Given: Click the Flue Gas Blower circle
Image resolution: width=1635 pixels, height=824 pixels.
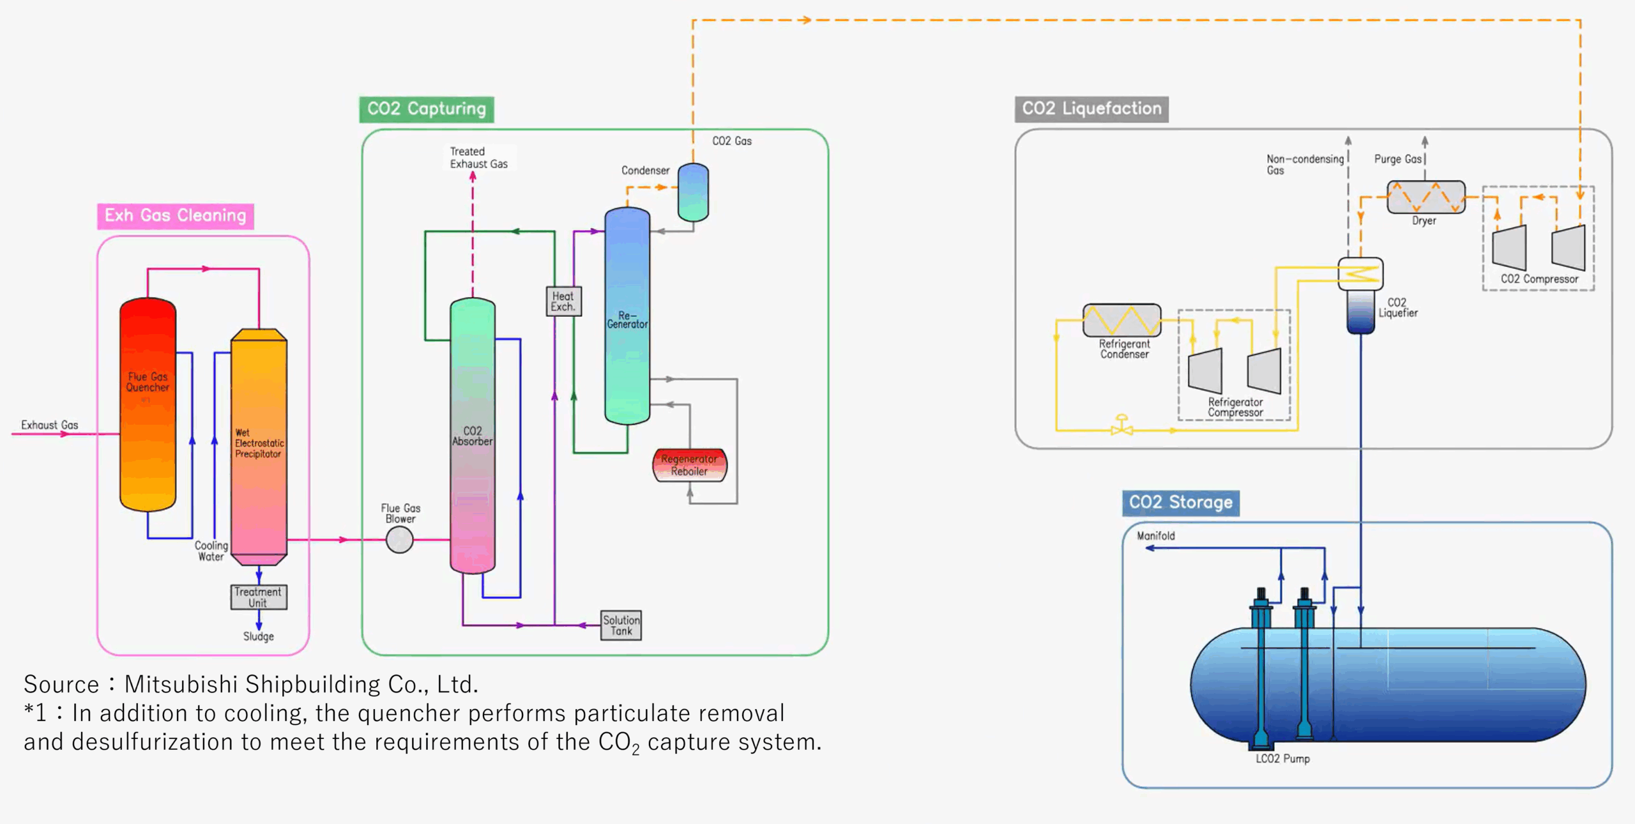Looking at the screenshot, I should pyautogui.click(x=400, y=540).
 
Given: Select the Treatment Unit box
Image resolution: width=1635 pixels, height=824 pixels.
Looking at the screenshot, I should pyautogui.click(x=259, y=597).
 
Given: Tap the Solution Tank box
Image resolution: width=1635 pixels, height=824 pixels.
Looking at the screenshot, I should pyautogui.click(x=621, y=625).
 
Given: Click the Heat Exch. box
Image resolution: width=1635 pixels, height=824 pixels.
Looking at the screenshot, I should pyautogui.click(x=563, y=301).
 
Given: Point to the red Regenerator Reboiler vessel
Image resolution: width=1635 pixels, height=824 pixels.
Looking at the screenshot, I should pyautogui.click(x=689, y=466).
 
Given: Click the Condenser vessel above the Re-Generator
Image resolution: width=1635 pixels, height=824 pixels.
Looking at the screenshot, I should pyautogui.click(x=693, y=192).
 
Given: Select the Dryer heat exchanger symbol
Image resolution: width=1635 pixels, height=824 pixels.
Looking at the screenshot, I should pyautogui.click(x=1426, y=197).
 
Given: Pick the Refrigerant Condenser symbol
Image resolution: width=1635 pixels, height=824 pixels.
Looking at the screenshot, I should pyautogui.click(x=1122, y=320).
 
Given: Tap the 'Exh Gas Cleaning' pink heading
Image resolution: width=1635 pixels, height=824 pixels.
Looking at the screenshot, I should pyautogui.click(x=176, y=216).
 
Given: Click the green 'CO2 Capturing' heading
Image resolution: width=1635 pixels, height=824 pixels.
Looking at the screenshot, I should pyautogui.click(x=427, y=109).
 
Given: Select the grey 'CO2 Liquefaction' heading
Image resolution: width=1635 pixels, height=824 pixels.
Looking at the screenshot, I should pyautogui.click(x=1091, y=109).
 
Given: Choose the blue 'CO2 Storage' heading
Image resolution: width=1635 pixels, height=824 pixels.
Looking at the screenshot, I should pyautogui.click(x=1181, y=503).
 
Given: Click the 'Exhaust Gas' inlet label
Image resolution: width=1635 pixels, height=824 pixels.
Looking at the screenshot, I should pyautogui.click(x=49, y=425).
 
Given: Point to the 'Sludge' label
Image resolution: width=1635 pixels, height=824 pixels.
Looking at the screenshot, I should pyautogui.click(x=258, y=636).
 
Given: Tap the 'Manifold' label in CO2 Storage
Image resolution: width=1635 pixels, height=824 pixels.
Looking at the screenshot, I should pyautogui.click(x=1155, y=536).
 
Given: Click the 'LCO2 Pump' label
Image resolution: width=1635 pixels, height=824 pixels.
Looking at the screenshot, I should pyautogui.click(x=1282, y=759).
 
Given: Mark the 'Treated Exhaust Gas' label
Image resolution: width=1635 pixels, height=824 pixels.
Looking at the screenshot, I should pyautogui.click(x=478, y=158).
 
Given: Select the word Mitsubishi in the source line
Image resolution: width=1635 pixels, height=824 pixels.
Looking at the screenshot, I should pyautogui.click(x=181, y=684).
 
